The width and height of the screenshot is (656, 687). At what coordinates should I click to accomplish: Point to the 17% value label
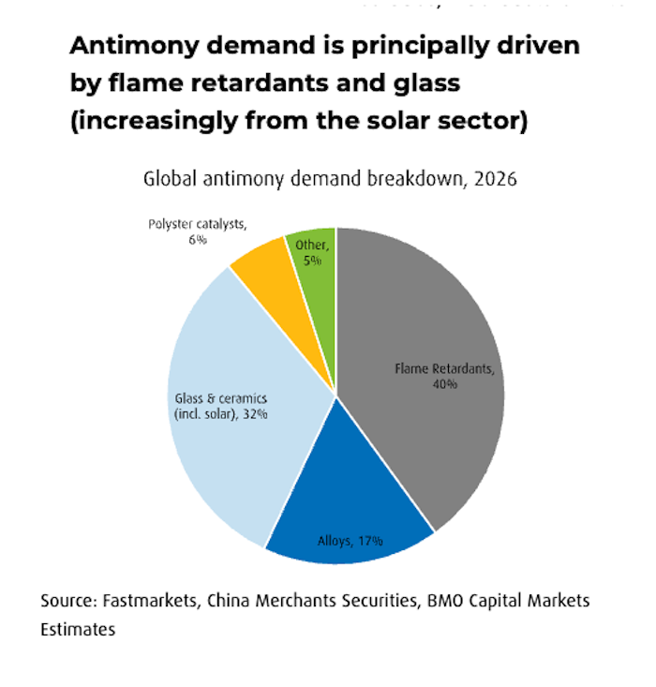pos(366,541)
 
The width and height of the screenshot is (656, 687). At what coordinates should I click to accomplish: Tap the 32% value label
pos(253,414)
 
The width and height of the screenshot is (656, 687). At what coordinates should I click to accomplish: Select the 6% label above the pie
pos(195,240)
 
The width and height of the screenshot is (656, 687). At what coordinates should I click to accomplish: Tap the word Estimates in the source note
pos(77,629)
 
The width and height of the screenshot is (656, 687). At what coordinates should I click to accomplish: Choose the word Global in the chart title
pos(168,179)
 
